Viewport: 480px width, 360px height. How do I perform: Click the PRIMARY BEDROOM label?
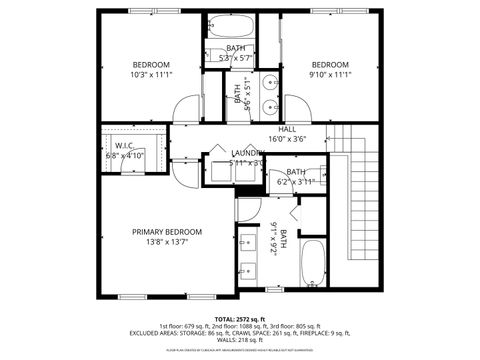(x=167, y=231)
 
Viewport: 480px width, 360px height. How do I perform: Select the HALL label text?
(x=286, y=129)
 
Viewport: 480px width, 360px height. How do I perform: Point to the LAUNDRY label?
(x=246, y=152)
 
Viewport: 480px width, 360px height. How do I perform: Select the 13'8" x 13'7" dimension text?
(x=167, y=242)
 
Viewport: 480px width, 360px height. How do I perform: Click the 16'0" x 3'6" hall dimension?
(x=286, y=139)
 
